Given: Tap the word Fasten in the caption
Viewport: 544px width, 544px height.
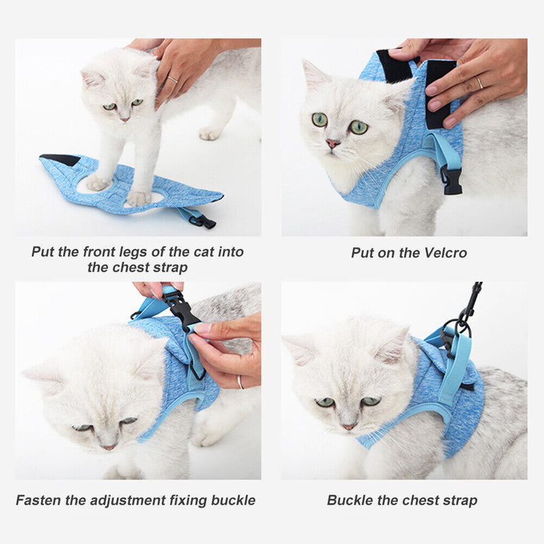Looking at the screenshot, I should click(x=40, y=500).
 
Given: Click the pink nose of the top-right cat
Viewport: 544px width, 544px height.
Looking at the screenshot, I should click(x=333, y=143).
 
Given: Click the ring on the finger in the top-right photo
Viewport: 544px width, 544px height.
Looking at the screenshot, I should click(x=480, y=82).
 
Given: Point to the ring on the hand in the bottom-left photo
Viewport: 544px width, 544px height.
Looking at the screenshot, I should click(x=241, y=381).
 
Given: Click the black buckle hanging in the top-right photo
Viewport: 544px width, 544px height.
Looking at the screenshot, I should click(x=452, y=180).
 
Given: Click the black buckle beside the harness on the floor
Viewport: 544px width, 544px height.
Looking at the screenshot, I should click(x=202, y=221).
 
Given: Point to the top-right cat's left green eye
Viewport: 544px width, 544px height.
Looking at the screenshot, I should click(x=319, y=120).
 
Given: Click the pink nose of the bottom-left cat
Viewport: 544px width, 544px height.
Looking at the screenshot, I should click(x=108, y=447).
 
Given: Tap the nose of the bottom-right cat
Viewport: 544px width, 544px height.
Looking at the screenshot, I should click(x=348, y=426).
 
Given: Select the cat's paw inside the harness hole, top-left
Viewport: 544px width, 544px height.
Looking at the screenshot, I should click(x=139, y=197).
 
